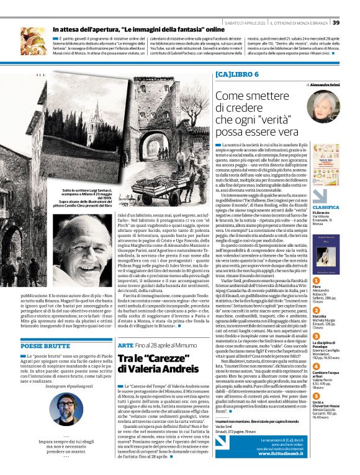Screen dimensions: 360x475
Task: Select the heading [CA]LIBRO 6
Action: coord(236,75)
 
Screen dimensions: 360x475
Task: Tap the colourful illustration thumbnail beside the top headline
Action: coord(32,38)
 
